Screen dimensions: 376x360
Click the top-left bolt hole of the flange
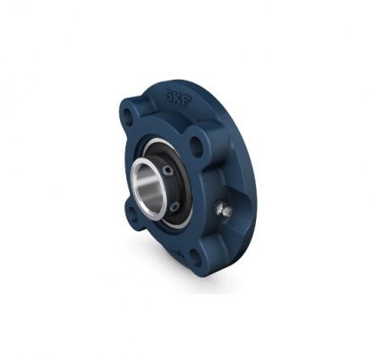pos(129,117)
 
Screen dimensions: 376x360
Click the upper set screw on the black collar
pos(168,171)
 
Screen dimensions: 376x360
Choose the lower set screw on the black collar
pos(176,206)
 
